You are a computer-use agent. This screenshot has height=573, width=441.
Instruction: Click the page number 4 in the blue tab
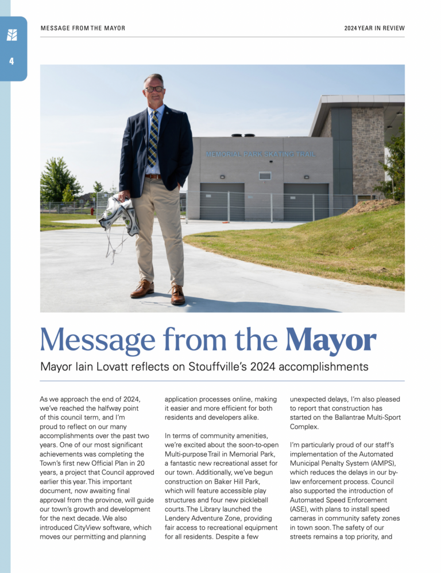tap(11, 61)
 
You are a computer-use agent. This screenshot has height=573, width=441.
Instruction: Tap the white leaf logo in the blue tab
tap(11, 35)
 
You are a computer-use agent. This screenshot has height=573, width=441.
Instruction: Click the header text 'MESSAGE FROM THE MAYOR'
tap(83, 28)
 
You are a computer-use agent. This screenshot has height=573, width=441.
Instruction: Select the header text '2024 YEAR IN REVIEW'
tap(374, 28)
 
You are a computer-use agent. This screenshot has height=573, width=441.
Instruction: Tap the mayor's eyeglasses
tap(154, 89)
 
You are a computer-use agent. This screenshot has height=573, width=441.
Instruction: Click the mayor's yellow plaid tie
tap(153, 137)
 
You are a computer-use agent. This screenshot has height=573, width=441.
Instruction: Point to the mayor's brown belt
tap(153, 177)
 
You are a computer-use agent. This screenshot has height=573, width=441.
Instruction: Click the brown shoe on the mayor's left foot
tap(178, 295)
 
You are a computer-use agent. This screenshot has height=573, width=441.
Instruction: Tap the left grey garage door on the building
tap(222, 201)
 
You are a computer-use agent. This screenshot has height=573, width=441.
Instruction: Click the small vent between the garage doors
tap(264, 176)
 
